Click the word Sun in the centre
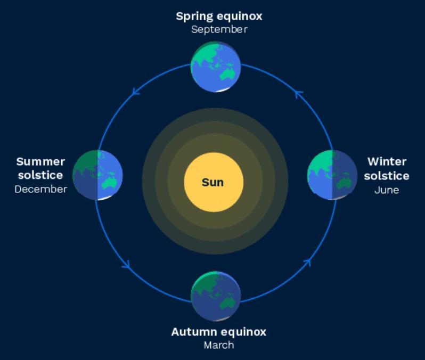click(x=213, y=182)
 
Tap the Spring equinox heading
click(x=219, y=16)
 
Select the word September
click(x=219, y=29)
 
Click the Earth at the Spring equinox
click(x=216, y=67)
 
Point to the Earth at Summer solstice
click(x=97, y=175)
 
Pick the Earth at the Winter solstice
click(x=332, y=175)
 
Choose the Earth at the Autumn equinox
click(x=216, y=296)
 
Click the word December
click(x=40, y=189)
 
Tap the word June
click(x=386, y=190)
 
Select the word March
click(x=218, y=345)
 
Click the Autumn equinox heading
click(x=218, y=332)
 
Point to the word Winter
click(x=387, y=161)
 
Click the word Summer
click(x=40, y=161)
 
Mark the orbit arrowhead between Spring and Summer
click(x=136, y=92)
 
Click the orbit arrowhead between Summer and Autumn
click(x=127, y=264)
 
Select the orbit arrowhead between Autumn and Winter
click(x=307, y=262)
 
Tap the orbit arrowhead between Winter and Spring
click(x=299, y=94)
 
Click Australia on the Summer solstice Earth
click(x=110, y=183)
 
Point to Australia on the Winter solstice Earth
click(x=345, y=183)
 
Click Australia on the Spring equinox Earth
click(x=228, y=75)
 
